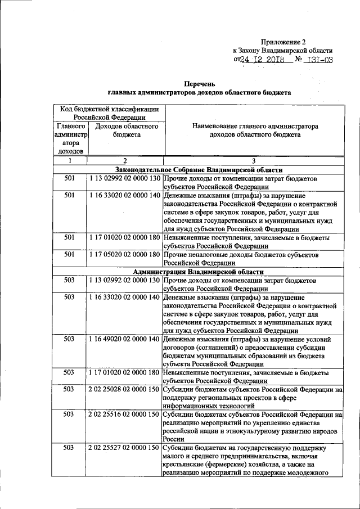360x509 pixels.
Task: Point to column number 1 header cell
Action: pyautogui.click(x=70, y=161)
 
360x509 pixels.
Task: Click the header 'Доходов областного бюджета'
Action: pyautogui.click(x=126, y=131)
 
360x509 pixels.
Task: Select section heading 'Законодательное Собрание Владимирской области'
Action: pyautogui.click(x=199, y=169)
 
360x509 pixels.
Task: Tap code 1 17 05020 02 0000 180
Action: pyautogui.click(x=124, y=254)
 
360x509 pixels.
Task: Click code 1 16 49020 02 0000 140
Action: pyautogui.click(x=124, y=339)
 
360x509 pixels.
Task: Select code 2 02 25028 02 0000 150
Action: pyautogui.click(x=124, y=390)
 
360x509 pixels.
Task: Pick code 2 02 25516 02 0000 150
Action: pyautogui.click(x=124, y=415)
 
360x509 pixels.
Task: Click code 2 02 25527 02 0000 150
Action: pyautogui.click(x=124, y=448)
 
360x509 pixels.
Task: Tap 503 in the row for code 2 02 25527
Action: pyautogui.click(x=70, y=448)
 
